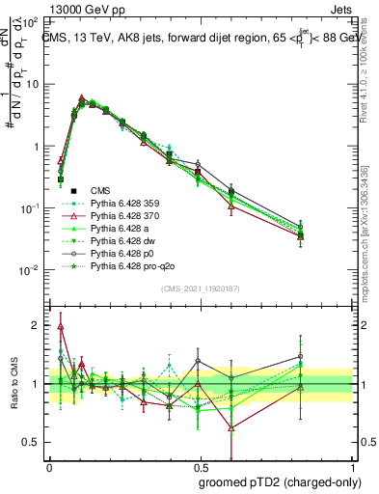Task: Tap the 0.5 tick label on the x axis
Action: [201, 465]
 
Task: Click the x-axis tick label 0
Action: [49, 465]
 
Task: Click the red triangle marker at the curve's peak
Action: [82, 98]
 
